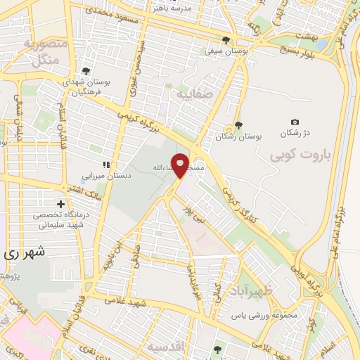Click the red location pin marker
[180, 165]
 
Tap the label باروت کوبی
[302, 153]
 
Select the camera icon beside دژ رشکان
[295, 122]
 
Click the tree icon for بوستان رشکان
[238, 125]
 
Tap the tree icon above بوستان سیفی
[226, 40]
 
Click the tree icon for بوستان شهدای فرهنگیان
[85, 70]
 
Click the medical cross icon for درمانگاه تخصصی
[61, 202]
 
